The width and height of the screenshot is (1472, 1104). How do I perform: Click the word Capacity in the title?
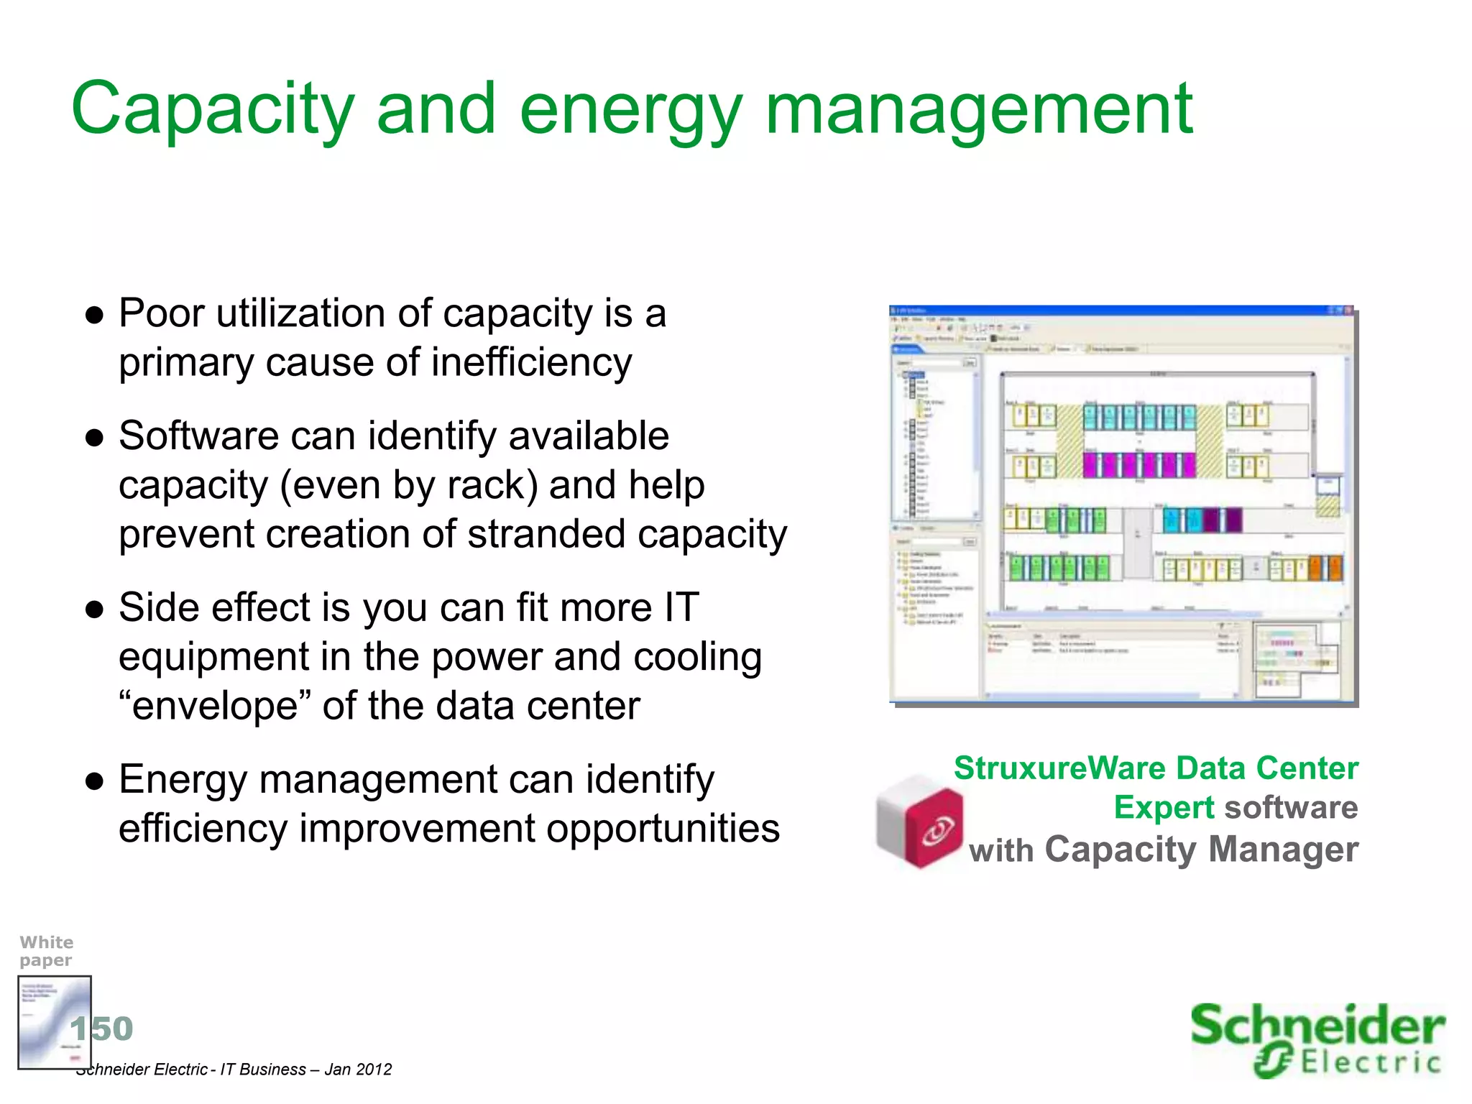[x=213, y=109]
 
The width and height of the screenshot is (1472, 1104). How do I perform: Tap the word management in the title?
[x=979, y=109]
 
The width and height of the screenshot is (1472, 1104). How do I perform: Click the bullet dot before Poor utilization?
[x=95, y=316]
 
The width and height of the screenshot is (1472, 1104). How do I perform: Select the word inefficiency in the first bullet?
[x=531, y=362]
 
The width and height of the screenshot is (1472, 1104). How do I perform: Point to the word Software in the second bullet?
[x=198, y=436]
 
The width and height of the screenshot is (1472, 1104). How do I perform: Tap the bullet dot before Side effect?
[x=95, y=610]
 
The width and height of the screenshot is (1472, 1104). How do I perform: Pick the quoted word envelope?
[x=215, y=706]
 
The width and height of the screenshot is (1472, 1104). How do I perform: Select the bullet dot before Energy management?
[x=95, y=781]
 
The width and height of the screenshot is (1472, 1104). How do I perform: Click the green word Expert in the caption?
[x=1163, y=808]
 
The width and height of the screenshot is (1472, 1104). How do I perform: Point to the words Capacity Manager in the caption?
[x=1200, y=850]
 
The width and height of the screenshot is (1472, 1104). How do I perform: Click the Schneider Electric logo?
[x=1317, y=1039]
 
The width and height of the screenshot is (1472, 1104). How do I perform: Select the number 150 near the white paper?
[x=102, y=1029]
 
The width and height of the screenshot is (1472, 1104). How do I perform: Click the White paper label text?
[x=46, y=951]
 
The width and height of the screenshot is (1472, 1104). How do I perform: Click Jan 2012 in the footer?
[x=358, y=1069]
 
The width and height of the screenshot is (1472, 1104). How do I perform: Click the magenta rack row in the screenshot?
[x=1139, y=465]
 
